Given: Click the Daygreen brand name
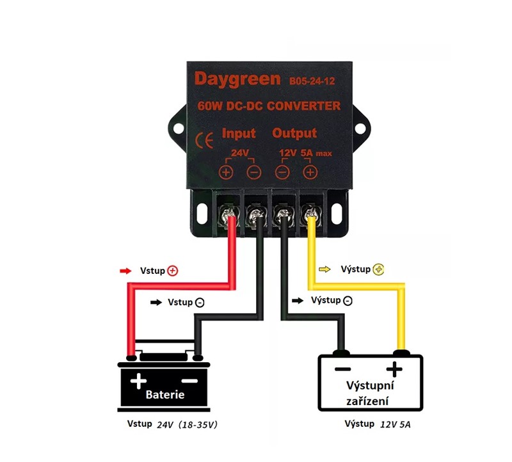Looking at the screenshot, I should (x=237, y=79).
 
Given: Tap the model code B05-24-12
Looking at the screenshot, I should (x=312, y=81).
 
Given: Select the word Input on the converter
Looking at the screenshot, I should (x=238, y=133).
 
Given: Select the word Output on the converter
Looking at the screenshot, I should (x=294, y=133).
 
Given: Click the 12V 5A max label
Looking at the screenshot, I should (x=304, y=153).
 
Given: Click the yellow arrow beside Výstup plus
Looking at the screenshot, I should (x=324, y=269).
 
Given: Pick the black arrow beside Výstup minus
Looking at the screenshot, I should (x=298, y=300).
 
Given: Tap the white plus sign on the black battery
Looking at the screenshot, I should (x=138, y=382).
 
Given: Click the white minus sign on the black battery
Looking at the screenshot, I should (x=193, y=381).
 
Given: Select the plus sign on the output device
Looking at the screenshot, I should (x=395, y=369).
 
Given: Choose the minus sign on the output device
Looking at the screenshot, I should (x=342, y=369).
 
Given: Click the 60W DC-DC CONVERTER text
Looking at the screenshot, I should (x=269, y=106).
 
